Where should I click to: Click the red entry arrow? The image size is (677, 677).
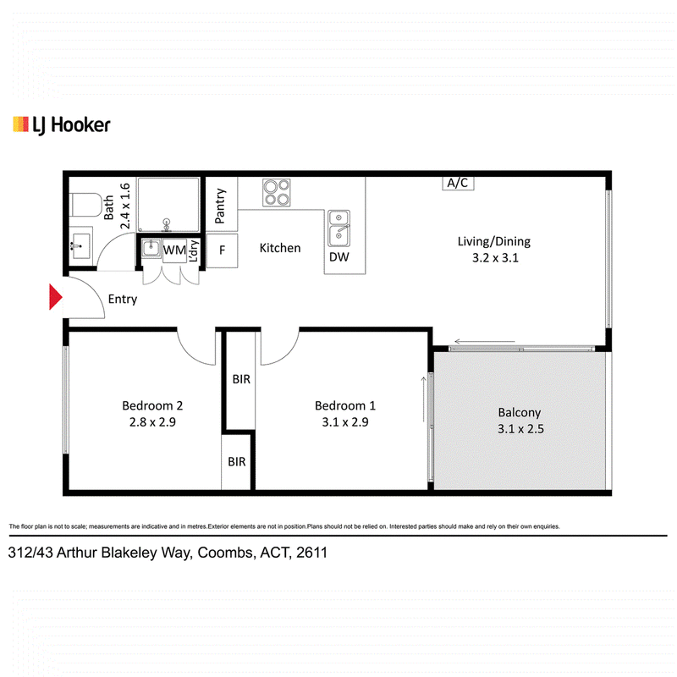(55, 297)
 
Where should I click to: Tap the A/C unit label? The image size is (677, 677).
(458, 183)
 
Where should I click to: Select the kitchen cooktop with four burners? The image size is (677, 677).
(277, 193)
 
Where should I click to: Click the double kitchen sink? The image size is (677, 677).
(339, 228)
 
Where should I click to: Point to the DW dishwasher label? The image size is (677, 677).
(339, 257)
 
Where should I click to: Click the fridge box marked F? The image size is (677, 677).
(222, 250)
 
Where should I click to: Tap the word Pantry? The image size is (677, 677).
(220, 206)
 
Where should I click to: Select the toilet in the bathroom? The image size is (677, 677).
(86, 205)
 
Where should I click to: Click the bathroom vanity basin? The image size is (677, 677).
(80, 246)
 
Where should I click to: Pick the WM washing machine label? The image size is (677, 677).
(174, 250)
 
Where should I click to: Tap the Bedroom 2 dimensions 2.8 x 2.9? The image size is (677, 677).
(152, 421)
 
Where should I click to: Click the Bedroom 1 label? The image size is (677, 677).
(345, 405)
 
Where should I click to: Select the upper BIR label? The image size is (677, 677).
(241, 379)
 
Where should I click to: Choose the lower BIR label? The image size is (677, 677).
(237, 461)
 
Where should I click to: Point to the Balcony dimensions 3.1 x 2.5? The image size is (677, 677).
(520, 429)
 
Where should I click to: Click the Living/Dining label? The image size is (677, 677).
(494, 241)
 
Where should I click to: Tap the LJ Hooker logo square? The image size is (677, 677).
(20, 124)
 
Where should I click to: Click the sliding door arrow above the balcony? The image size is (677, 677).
(485, 342)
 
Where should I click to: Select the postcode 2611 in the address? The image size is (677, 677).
(311, 553)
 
